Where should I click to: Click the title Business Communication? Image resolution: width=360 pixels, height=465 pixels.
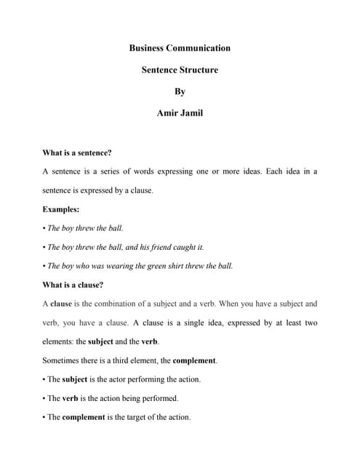(180, 48)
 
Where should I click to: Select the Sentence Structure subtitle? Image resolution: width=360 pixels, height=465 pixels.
(180, 70)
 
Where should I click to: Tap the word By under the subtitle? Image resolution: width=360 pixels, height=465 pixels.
(180, 92)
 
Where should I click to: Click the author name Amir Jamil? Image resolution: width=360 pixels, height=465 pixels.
(180, 114)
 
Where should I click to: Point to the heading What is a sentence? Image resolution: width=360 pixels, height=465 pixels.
(77, 153)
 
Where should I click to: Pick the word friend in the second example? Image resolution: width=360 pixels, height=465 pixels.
(168, 247)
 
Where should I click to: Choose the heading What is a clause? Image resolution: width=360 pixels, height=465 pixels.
(73, 285)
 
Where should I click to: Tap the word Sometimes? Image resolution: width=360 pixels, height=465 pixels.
(63, 360)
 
